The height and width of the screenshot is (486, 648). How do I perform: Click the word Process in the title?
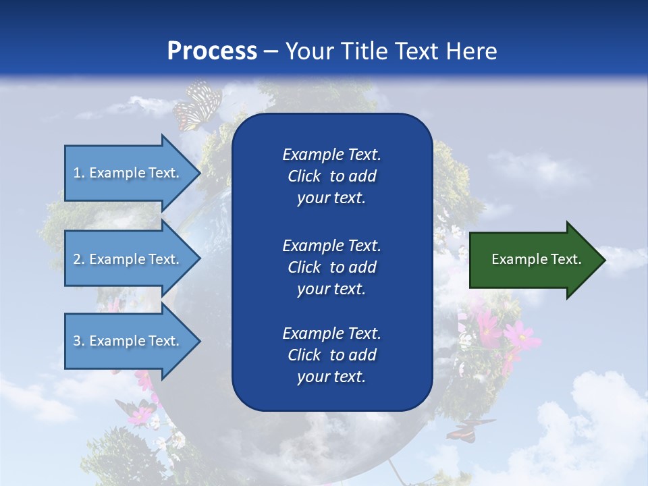[x=212, y=51]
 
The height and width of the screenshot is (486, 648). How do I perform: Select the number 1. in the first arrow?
[x=79, y=173]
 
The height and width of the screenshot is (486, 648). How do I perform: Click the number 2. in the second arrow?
[x=79, y=259]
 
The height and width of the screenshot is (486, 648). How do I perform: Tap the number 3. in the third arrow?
[x=79, y=341]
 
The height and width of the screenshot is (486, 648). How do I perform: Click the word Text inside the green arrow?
[x=566, y=259]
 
